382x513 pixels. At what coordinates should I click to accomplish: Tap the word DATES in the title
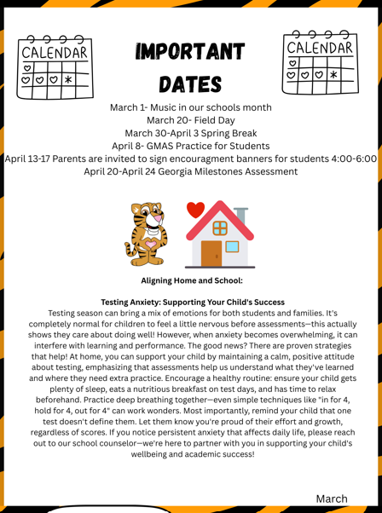(190, 85)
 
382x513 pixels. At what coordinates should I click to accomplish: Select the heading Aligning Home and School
(191, 280)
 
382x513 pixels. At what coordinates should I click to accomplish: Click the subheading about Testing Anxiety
(191, 302)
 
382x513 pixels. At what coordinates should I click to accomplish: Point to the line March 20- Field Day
(191, 120)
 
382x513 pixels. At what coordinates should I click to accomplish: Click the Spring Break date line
(191, 133)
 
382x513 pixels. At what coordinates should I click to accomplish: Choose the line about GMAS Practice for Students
(191, 146)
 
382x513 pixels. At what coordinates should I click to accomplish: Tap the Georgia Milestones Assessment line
(191, 171)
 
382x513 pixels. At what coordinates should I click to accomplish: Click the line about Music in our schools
(191, 107)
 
